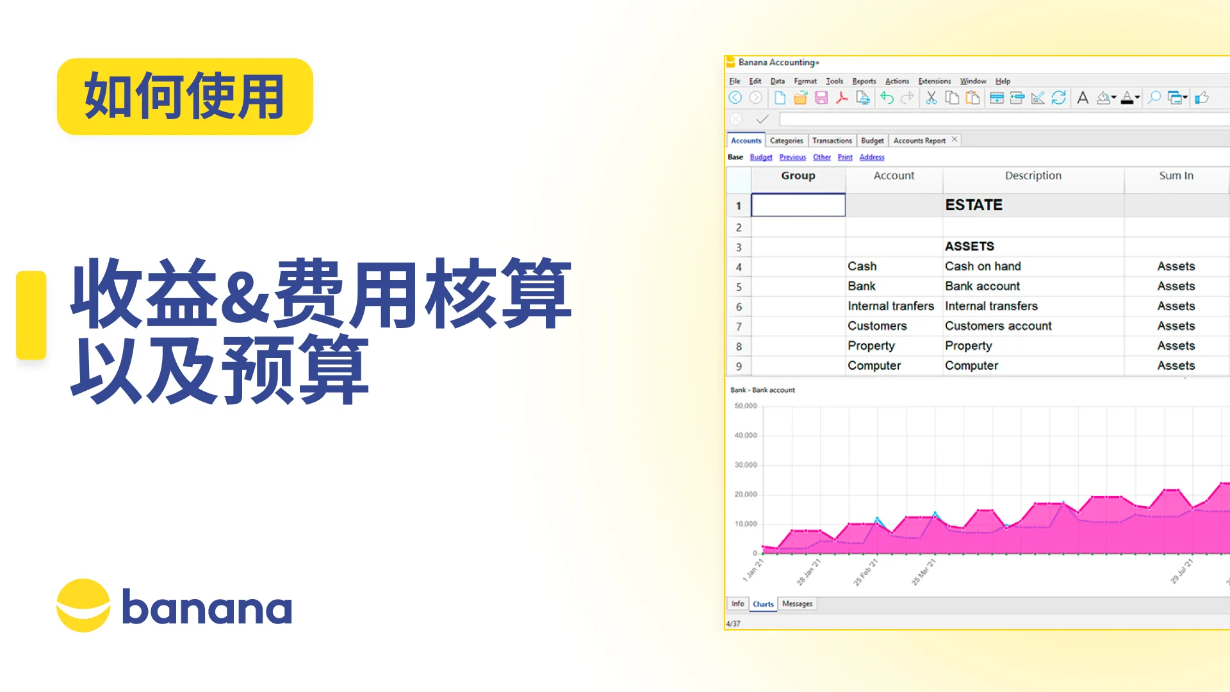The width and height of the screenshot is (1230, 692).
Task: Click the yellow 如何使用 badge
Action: tap(184, 97)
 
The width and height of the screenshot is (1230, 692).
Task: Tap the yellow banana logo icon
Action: tap(83, 605)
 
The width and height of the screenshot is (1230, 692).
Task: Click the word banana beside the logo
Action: tap(206, 607)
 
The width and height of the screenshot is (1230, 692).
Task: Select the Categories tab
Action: tap(786, 140)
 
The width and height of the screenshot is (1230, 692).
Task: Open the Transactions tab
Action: tap(832, 140)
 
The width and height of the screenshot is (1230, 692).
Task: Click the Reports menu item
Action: tap(864, 81)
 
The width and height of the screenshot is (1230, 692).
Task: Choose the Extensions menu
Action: tap(934, 81)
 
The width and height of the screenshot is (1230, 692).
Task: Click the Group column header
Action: tap(798, 176)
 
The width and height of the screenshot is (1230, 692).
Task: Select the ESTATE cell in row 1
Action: tap(974, 205)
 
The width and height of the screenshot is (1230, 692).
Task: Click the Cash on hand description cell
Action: tap(983, 266)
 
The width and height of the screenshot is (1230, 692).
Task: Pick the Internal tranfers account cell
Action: tap(890, 306)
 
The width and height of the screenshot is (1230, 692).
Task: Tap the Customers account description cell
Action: tap(998, 326)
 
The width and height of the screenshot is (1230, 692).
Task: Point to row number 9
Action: tap(739, 366)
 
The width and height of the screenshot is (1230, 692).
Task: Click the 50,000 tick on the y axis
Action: tap(746, 406)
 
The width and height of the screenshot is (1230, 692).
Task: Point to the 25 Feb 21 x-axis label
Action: tap(865, 572)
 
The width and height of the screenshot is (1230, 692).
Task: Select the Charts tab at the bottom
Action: tap(763, 604)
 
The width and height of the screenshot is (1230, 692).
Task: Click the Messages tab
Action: tap(797, 604)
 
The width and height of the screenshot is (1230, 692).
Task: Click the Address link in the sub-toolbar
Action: tap(871, 157)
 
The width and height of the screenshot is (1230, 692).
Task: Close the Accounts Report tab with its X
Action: tap(955, 140)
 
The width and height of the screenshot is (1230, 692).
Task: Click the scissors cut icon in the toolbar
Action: tap(931, 98)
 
